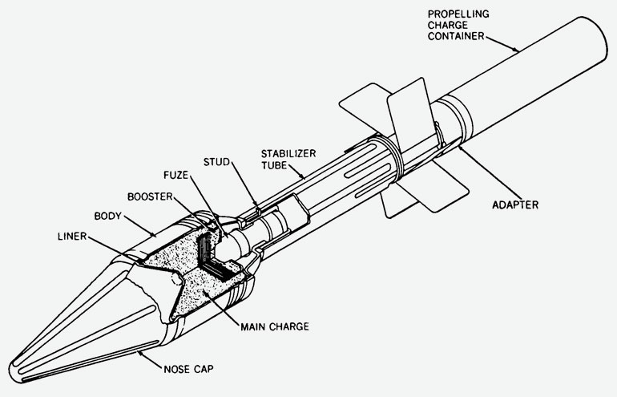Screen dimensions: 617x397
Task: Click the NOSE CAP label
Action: tap(188, 369)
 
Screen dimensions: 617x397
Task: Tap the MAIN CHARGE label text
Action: tap(275, 326)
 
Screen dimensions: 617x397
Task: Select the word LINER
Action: tap(72, 237)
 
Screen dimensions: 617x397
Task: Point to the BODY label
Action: tap(108, 216)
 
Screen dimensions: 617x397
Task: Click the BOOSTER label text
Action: tap(150, 196)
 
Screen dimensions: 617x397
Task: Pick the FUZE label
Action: tap(176, 175)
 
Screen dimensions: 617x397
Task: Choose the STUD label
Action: tap(216, 162)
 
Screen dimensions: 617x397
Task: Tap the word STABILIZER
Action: tap(288, 154)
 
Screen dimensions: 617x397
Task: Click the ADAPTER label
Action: tap(515, 205)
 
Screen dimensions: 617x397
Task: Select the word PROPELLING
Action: tap(458, 14)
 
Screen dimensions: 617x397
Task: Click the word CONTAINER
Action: tap(456, 36)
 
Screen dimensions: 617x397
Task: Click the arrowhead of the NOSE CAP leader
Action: tap(140, 353)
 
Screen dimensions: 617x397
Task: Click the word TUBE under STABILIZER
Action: tap(274, 165)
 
